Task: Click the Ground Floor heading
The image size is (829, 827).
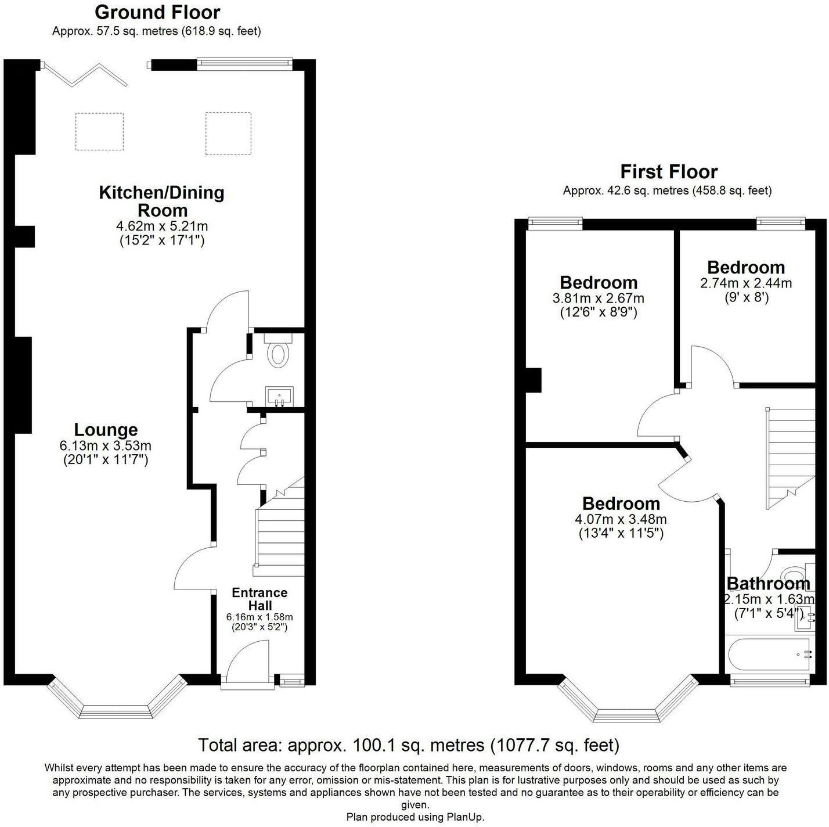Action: pyautogui.click(x=157, y=12)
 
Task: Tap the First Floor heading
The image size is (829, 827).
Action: pyautogui.click(x=669, y=172)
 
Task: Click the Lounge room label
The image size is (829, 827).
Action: pyautogui.click(x=106, y=429)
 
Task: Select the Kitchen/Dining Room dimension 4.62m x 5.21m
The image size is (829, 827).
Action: pyautogui.click(x=162, y=225)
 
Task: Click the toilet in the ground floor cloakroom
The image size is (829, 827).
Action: pyautogui.click(x=278, y=351)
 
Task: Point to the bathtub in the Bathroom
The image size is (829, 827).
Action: pyautogui.click(x=770, y=655)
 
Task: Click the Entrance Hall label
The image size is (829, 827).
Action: pyautogui.click(x=259, y=599)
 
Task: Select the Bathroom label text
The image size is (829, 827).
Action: pyautogui.click(x=769, y=584)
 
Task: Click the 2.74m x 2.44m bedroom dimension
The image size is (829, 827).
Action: pyautogui.click(x=746, y=283)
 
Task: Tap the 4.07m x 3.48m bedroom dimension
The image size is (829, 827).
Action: pyautogui.click(x=621, y=519)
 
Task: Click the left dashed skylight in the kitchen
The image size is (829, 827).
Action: pyautogui.click(x=99, y=131)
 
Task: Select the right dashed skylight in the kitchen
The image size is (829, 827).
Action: pyautogui.click(x=228, y=133)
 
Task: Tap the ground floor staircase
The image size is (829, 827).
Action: pyautogui.click(x=280, y=530)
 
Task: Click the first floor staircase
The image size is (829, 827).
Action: pyautogui.click(x=790, y=458)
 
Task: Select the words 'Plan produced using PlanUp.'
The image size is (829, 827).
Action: pyautogui.click(x=415, y=817)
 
